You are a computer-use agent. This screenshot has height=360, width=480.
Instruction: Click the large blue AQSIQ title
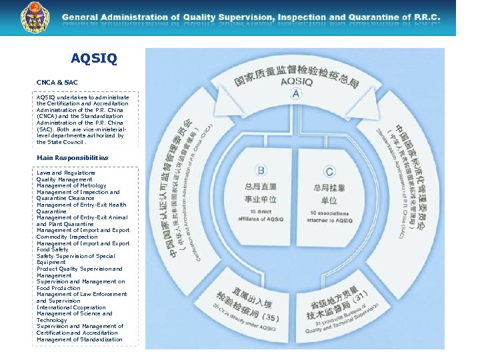93,59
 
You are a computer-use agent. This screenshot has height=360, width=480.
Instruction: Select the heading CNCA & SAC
57,82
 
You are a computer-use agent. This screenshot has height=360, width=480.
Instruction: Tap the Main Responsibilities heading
73,157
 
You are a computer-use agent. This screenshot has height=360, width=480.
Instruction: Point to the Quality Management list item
65,179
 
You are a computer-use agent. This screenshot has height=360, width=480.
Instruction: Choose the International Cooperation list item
71,307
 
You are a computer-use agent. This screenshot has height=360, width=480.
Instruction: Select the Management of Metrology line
71,185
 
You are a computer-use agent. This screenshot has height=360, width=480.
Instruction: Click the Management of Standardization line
79,339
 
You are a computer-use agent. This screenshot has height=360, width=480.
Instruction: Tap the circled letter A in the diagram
296,94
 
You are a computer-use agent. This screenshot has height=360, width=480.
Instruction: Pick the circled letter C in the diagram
329,171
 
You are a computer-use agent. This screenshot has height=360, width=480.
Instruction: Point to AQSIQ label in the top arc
296,81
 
